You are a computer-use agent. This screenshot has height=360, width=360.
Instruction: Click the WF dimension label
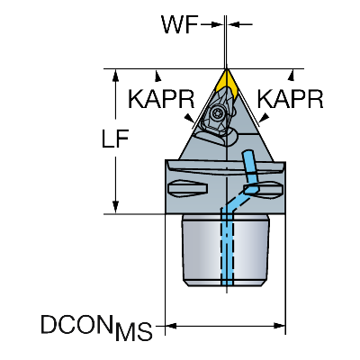180,24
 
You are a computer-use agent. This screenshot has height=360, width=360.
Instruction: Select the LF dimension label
115,139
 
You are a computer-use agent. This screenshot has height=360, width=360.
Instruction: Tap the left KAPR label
161,99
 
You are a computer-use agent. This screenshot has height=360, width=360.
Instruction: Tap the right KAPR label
290,99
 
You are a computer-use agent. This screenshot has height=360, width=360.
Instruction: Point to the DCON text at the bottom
78,324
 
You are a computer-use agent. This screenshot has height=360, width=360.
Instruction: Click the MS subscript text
134,331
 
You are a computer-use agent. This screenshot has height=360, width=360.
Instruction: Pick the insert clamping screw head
216,113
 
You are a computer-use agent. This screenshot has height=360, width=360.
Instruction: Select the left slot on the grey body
188,188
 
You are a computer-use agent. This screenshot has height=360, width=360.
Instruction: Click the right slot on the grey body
264,189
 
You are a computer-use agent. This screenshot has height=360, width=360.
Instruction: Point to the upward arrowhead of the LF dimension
115,76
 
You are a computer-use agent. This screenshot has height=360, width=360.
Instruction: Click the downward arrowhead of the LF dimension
115,207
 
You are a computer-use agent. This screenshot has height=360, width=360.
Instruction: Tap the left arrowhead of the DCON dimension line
171,326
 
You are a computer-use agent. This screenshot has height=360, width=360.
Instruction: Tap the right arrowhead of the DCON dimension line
280,326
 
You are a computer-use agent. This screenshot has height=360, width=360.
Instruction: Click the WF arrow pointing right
211,24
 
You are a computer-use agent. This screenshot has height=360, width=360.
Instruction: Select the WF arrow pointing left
240,24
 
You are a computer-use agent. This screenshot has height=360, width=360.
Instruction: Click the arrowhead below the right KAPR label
264,118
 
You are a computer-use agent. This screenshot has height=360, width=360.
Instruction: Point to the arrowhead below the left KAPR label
189,118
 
